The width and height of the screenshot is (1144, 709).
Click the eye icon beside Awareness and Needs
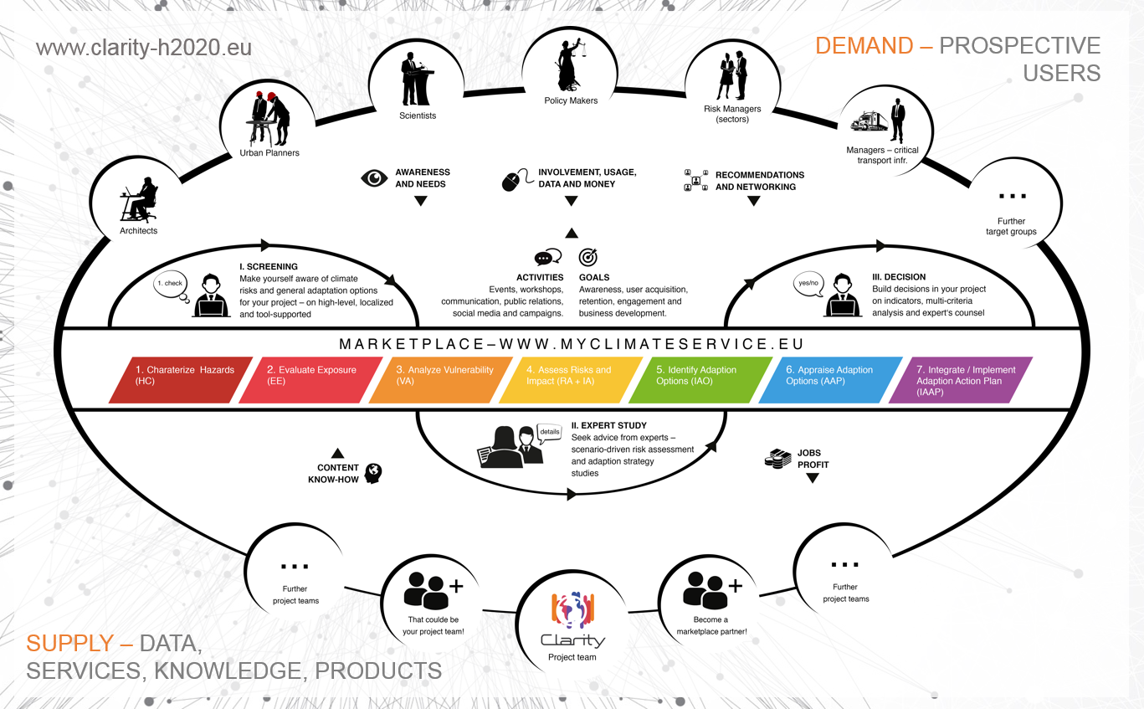pyautogui.click(x=374, y=178)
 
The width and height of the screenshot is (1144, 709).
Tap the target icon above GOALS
pyautogui.click(x=588, y=257)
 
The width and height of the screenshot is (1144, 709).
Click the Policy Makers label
pyautogui.click(x=572, y=100)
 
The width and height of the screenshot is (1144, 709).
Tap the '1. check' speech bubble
pyautogui.click(x=172, y=284)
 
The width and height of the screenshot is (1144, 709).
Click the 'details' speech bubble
pyautogui.click(x=550, y=431)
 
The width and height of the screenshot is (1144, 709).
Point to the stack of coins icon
pyautogui.click(x=778, y=459)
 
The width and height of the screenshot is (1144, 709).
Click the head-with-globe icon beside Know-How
pyautogui.click(x=373, y=473)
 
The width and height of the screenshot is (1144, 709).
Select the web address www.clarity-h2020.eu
pyautogui.click(x=143, y=47)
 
